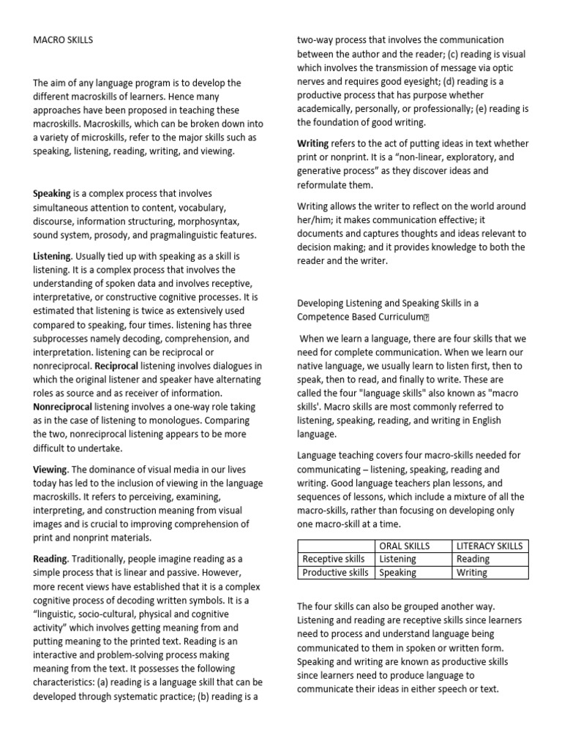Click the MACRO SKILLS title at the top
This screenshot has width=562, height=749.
(x=63, y=39)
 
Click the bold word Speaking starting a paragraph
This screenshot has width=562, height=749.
(x=52, y=194)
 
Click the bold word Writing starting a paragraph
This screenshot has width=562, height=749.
(x=313, y=143)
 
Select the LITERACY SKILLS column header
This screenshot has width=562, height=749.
(x=490, y=546)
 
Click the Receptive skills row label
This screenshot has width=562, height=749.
(x=333, y=559)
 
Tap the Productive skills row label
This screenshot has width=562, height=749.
(x=335, y=573)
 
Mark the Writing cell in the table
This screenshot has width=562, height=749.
(x=472, y=573)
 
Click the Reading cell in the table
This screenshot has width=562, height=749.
(x=473, y=559)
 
